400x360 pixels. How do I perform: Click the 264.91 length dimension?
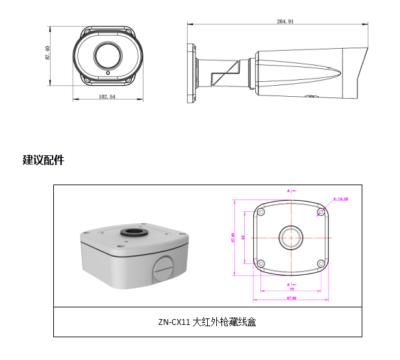coord(285,21)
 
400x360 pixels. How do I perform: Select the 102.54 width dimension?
coord(107,96)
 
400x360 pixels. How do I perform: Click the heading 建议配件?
coord(44,160)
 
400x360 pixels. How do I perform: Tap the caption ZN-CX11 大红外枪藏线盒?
coord(206,322)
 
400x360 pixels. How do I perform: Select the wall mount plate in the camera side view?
coord(192,71)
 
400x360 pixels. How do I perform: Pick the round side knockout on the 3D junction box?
coord(164,268)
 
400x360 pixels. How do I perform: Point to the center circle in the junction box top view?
coord(289,238)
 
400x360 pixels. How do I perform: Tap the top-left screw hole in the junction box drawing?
coord(260,212)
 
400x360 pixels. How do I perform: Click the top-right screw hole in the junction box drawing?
coord(319,212)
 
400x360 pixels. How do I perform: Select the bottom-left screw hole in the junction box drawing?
coord(260,264)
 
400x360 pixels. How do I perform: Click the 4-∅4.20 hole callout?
coord(341,199)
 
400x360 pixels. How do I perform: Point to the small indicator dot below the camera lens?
coord(106,73)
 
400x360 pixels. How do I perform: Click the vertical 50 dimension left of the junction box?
coord(242,238)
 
